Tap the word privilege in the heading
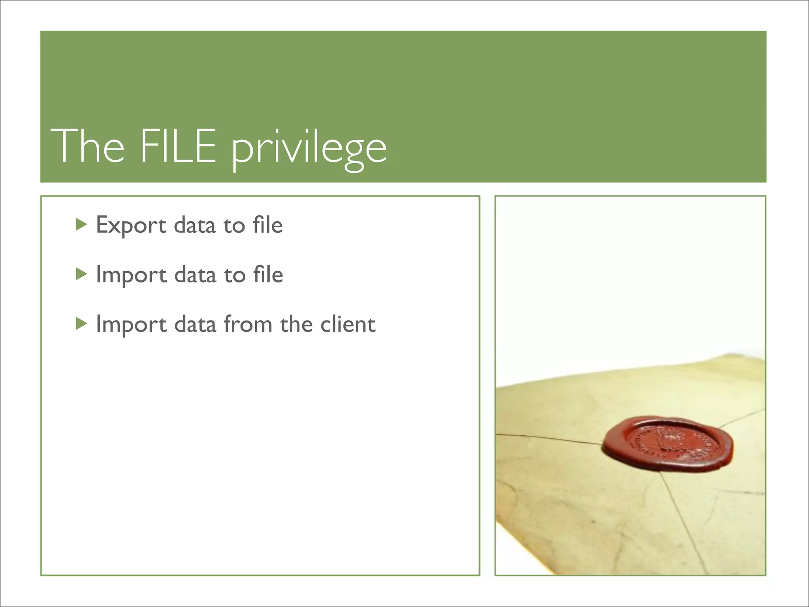pyautogui.click(x=309, y=148)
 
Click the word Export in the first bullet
pyautogui.click(x=131, y=226)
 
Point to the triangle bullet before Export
pyautogui.click(x=81, y=224)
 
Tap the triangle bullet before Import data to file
pyautogui.click(x=81, y=274)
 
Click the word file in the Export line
pyautogui.click(x=267, y=225)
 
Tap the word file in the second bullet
pyautogui.click(x=268, y=274)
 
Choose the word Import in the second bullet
pyautogui.click(x=131, y=275)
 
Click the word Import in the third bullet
pyautogui.click(x=131, y=325)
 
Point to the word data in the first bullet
pyautogui.click(x=195, y=225)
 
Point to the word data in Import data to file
pyautogui.click(x=195, y=275)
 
